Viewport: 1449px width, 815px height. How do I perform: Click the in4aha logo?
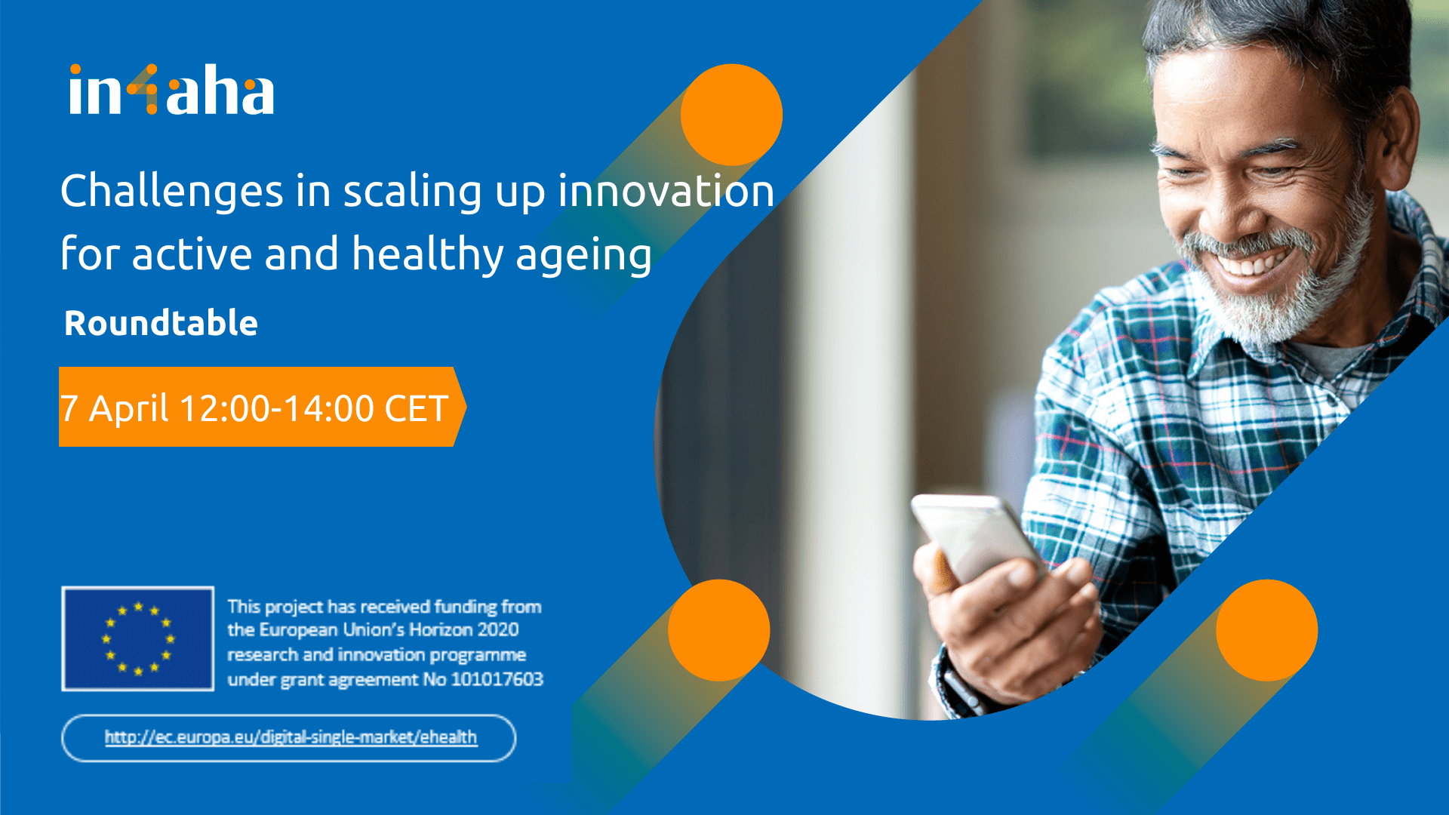point(171,90)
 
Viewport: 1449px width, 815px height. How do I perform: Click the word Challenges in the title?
point(172,191)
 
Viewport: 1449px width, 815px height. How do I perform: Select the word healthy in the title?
point(427,254)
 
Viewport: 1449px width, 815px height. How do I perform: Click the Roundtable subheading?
point(162,323)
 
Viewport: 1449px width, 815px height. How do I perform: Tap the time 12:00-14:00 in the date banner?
point(277,408)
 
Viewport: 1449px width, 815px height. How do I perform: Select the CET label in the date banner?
point(417,408)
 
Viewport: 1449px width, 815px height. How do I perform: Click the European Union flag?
point(138,638)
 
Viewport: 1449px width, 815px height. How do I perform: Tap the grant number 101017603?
point(497,679)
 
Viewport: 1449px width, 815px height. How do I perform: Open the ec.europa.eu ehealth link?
point(291,737)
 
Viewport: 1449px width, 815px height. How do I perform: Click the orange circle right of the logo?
point(731,115)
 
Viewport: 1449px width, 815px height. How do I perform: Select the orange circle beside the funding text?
point(719,630)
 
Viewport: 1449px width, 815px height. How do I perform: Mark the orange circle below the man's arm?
point(1267,630)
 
